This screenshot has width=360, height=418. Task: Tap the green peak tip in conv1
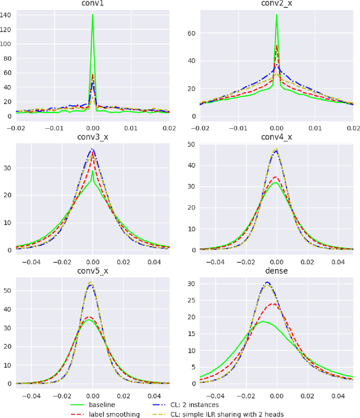[x=92, y=15]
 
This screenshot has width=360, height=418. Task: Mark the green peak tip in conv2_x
[x=276, y=15]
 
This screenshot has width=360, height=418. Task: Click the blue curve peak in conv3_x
[x=92, y=149]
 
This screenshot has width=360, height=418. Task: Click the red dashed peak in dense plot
[x=273, y=304]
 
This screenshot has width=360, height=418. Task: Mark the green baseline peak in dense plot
[x=262, y=321]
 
